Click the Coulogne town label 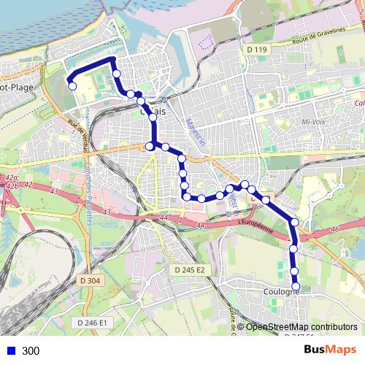click(279, 292)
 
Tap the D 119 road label click(258, 50)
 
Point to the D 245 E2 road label click(191, 270)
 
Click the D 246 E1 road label click(93, 322)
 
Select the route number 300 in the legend click(31, 351)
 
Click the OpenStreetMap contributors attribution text click(301, 327)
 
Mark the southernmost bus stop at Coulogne click(296, 287)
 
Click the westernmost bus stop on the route click(72, 86)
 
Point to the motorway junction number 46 click(335, 230)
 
